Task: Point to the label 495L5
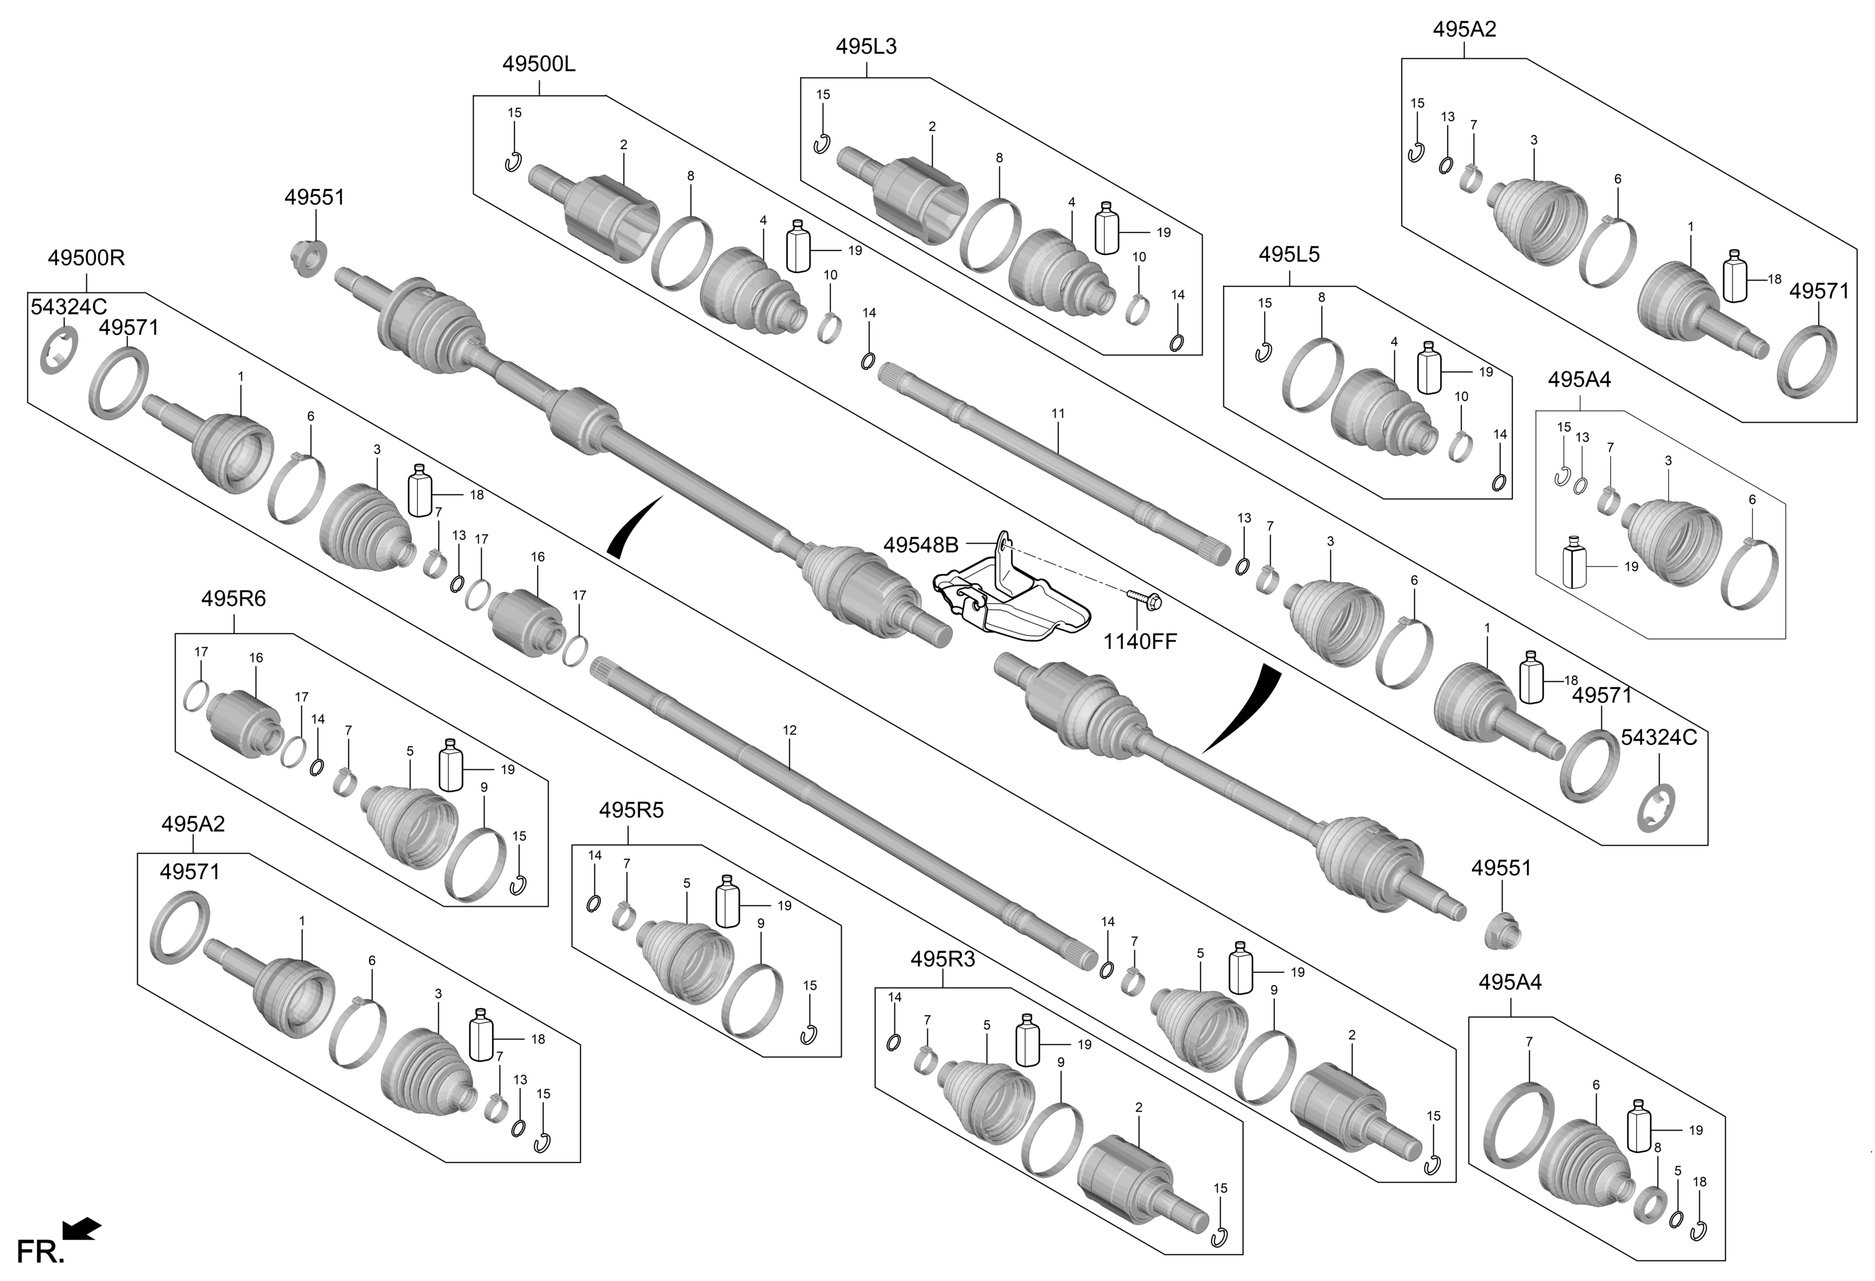pos(1289,255)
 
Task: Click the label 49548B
pos(920,546)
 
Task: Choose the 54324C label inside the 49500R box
pos(69,307)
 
